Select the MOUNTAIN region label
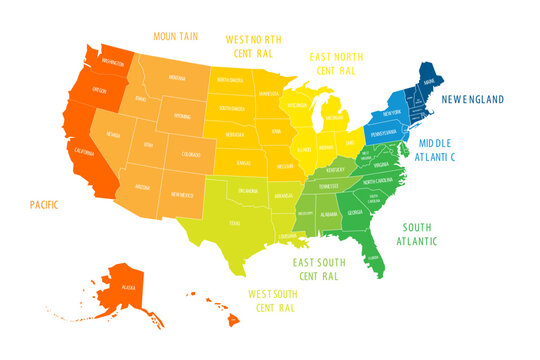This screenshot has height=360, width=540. [175, 37]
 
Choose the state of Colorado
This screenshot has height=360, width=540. [190, 154]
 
